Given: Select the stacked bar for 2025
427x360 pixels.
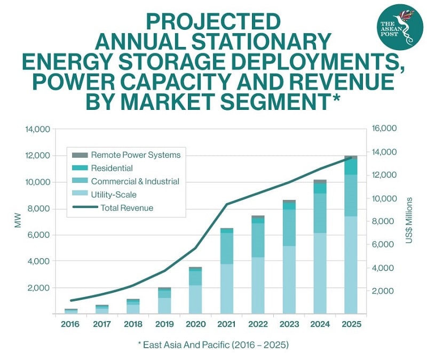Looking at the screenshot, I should tap(351, 235).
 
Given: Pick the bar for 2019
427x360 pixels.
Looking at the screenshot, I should tap(164, 300).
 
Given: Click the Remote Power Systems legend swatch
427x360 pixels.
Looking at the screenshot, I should tap(80, 155).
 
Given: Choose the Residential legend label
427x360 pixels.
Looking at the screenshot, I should tap(112, 169).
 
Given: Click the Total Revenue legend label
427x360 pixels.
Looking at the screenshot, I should tap(126, 208).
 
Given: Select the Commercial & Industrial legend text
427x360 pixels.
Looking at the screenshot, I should tap(135, 181).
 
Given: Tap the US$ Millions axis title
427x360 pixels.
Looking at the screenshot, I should tap(409, 221).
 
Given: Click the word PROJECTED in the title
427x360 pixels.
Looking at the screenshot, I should tap(213, 22).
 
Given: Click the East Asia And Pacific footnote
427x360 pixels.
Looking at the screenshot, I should tap(213, 345).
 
